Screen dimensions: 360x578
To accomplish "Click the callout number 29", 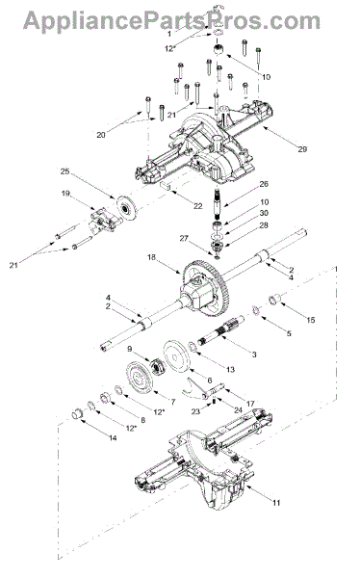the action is pos(302,149).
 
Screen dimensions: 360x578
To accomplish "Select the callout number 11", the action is pos(276,503).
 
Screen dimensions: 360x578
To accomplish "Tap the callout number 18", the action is pos(151,257).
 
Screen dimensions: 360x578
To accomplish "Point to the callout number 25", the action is pos(64,171).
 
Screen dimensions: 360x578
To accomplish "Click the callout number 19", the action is pos(65,194).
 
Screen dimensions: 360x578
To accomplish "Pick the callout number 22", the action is pos(198,206).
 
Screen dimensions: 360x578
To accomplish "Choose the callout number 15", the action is pos(311,320).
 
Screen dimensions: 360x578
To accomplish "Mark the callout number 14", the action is pos(113,437).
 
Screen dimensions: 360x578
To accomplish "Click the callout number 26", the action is pos(264,184).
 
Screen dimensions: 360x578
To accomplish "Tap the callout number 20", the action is pos(101,135).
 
